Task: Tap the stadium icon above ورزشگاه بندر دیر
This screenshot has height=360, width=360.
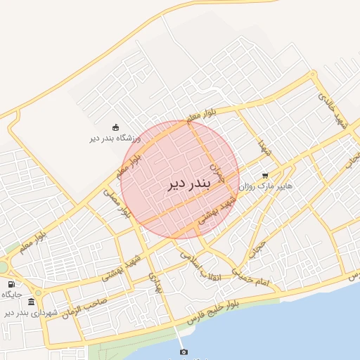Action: (115, 127)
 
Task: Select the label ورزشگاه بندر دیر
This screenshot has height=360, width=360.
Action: (115, 139)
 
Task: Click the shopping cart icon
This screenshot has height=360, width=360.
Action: (265, 176)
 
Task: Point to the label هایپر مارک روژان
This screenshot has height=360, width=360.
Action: (265, 187)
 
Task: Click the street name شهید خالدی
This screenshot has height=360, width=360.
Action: (333, 109)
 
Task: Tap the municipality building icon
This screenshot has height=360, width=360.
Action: (31, 302)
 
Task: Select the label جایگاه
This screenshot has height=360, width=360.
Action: (11, 294)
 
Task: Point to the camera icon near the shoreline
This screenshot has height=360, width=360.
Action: (184, 352)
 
